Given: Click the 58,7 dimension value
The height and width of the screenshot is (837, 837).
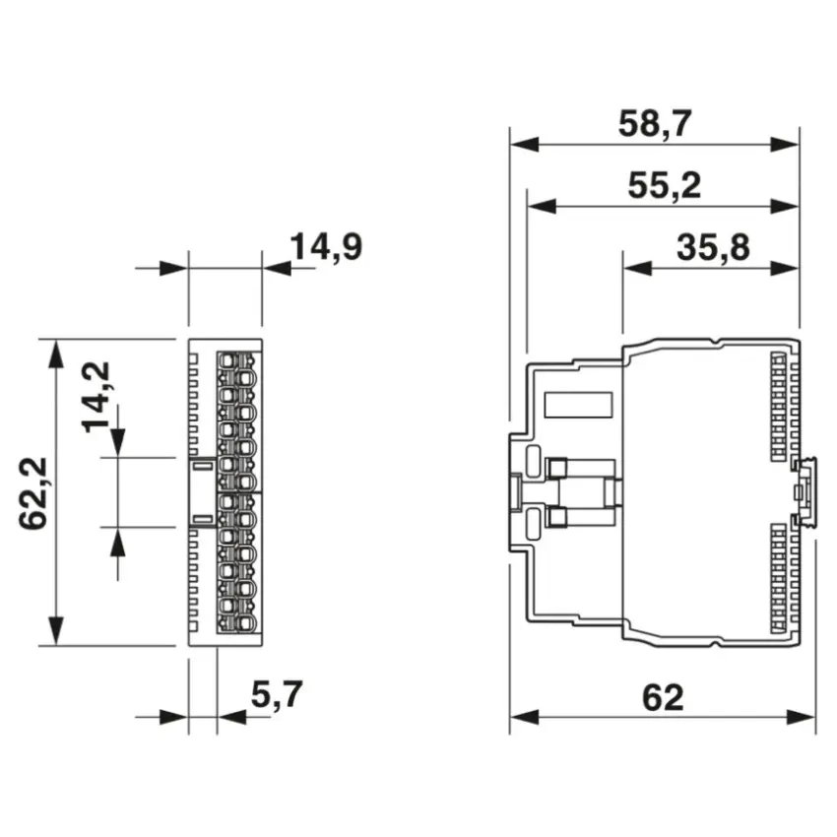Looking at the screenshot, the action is pos(655,124).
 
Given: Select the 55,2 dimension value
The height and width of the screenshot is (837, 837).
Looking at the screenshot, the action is pos(664,186).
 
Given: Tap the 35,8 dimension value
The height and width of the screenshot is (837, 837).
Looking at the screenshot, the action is pos(713,248).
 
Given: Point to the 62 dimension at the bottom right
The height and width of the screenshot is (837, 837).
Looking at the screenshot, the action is pos(663,697).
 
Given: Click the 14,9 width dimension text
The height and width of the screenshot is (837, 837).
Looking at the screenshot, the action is pos(326,246).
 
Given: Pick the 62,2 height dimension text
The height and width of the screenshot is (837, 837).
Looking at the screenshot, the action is pos(33,493).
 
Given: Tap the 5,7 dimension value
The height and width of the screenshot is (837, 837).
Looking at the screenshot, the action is pos(277,694).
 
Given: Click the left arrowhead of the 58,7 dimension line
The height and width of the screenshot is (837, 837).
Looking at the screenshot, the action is pos(524,144).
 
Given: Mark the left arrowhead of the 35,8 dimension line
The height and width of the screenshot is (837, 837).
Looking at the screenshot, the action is pos(637,268).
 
